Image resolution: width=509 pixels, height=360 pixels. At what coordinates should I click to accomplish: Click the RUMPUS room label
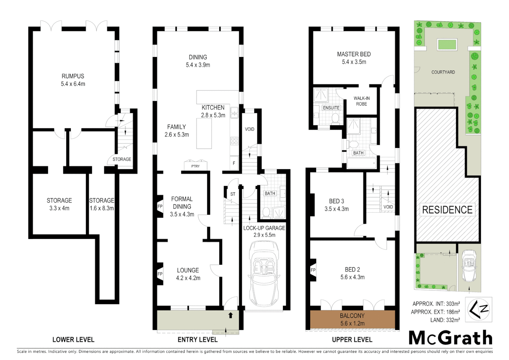[73, 76]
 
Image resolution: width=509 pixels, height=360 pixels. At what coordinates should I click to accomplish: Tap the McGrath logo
[450, 338]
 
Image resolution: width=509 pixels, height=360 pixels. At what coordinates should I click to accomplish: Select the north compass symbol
[478, 310]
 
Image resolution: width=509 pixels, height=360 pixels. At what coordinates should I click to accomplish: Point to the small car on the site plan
[469, 266]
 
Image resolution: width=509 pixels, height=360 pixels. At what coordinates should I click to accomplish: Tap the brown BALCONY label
[352, 316]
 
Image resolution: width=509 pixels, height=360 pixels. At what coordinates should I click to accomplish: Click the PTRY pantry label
[196, 166]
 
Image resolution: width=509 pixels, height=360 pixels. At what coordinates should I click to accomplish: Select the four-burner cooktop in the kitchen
[234, 141]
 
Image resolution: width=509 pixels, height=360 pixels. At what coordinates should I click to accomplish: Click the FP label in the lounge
[160, 274]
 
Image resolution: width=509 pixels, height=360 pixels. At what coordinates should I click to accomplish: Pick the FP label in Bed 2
[313, 270]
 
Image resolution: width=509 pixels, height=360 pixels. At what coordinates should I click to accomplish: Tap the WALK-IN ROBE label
[361, 101]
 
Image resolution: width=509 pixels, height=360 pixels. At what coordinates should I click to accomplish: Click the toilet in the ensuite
[335, 118]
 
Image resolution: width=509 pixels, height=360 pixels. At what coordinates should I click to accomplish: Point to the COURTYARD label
[443, 72]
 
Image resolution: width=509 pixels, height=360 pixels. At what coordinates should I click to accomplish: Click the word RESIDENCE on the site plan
[447, 210]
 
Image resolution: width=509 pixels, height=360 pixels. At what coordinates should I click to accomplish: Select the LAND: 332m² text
[445, 320]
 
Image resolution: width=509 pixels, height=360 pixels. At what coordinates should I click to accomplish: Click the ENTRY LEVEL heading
[197, 340]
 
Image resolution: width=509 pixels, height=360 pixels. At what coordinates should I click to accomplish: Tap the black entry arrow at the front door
[231, 315]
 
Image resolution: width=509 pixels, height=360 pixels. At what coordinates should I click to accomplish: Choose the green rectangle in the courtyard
[447, 44]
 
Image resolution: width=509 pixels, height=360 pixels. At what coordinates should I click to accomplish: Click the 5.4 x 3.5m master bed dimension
[354, 62]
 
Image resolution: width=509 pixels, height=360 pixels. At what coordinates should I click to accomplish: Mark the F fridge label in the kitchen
[234, 163]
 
